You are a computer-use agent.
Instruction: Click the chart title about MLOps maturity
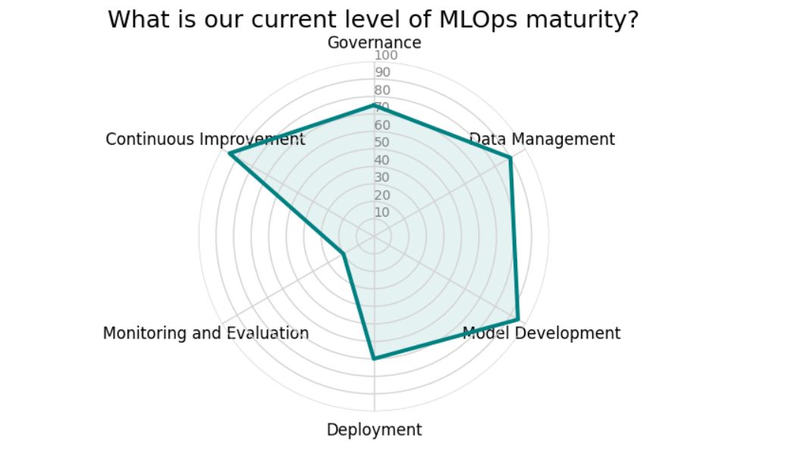[373, 19]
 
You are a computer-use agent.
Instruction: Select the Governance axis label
[374, 42]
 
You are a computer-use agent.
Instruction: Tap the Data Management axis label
[541, 139]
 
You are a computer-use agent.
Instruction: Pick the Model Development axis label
[541, 333]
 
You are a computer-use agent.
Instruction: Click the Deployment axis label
[374, 430]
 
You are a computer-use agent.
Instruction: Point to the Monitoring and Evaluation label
[206, 333]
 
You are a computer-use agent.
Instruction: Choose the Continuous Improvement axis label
[206, 139]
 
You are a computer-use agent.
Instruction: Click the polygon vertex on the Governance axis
[374, 105]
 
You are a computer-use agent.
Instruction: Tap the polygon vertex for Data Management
[510, 158]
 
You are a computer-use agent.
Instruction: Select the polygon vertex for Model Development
[518, 320]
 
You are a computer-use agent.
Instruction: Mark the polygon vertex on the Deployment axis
[374, 358]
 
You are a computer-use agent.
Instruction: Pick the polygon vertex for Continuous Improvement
[229, 154]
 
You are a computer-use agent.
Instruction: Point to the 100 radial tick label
[386, 56]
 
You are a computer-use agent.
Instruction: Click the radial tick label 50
[383, 143]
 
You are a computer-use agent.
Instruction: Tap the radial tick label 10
[383, 213]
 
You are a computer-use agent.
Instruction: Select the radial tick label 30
[383, 178]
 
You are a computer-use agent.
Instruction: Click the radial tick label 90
[383, 73]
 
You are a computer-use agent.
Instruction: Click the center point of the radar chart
[374, 237]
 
